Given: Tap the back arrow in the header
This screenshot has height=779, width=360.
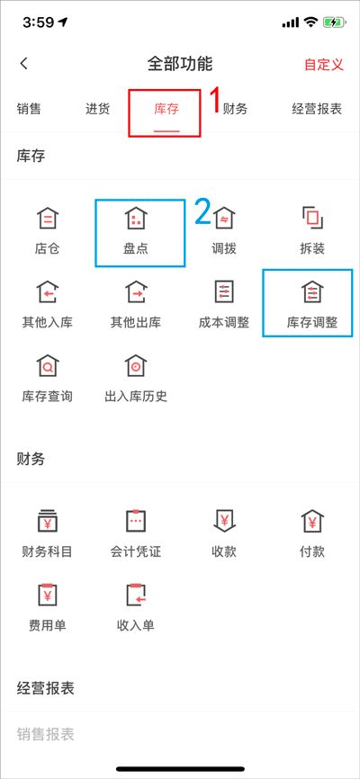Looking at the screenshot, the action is click(x=24, y=64).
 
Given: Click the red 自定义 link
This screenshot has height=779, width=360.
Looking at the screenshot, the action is click(x=324, y=65).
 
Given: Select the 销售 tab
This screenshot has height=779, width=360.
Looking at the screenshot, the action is click(x=29, y=109).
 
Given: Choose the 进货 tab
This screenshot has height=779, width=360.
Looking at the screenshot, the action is click(x=97, y=109).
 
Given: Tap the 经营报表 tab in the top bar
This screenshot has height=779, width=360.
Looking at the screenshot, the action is click(x=317, y=109).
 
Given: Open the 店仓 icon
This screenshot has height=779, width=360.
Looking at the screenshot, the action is click(x=47, y=218).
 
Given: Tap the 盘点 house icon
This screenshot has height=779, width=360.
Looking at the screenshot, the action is click(x=135, y=218).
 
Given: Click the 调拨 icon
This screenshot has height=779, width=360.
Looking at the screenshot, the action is click(x=224, y=218).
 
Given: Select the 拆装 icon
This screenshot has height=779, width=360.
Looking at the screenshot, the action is click(x=312, y=218).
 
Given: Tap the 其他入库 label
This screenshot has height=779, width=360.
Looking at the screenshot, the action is click(x=47, y=322).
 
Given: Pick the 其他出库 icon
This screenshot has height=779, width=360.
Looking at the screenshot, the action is click(x=135, y=292).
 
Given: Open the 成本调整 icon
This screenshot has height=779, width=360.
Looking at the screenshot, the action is click(x=224, y=292).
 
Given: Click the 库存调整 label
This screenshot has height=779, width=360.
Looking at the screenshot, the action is click(x=312, y=322).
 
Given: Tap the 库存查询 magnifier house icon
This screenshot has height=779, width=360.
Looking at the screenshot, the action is click(x=47, y=365).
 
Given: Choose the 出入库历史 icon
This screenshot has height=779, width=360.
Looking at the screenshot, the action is click(x=135, y=365).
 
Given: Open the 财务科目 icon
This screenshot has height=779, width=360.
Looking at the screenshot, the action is click(x=47, y=521).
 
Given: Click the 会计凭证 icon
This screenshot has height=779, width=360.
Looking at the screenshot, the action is click(x=135, y=521).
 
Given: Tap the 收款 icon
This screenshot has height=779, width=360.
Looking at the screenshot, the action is click(x=224, y=521).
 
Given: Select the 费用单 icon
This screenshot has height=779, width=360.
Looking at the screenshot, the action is click(x=47, y=595).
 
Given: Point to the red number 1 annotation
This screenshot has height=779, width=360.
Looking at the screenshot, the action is click(x=214, y=101).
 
